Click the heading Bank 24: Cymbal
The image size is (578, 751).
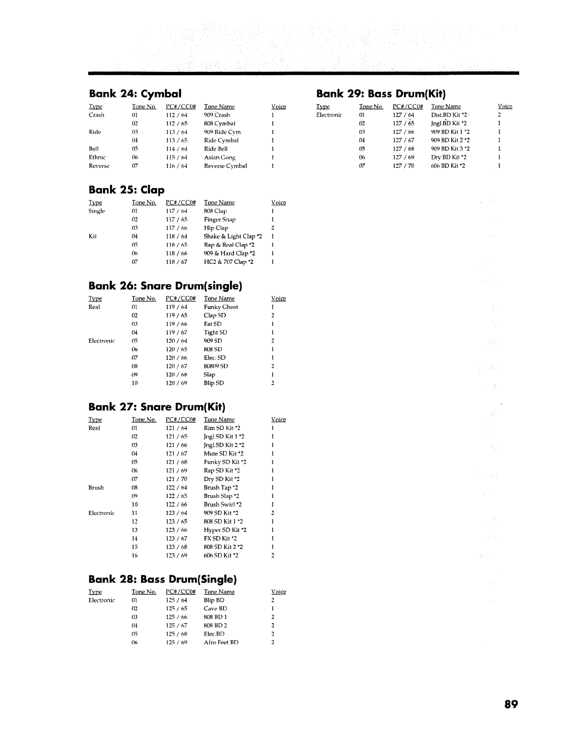135,93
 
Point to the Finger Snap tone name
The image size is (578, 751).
220,220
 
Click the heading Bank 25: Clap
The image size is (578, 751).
127,190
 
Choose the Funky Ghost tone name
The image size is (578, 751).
221,307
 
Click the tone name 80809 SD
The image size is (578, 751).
216,366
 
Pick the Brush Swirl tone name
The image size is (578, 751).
222,505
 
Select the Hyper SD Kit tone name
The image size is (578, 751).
225,530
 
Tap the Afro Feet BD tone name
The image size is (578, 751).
221,642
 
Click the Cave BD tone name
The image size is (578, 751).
215,609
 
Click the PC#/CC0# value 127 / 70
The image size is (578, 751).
404,166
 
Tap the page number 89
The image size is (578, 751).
511,704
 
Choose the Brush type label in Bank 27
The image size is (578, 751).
96,488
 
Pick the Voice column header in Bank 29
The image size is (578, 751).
505,107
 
